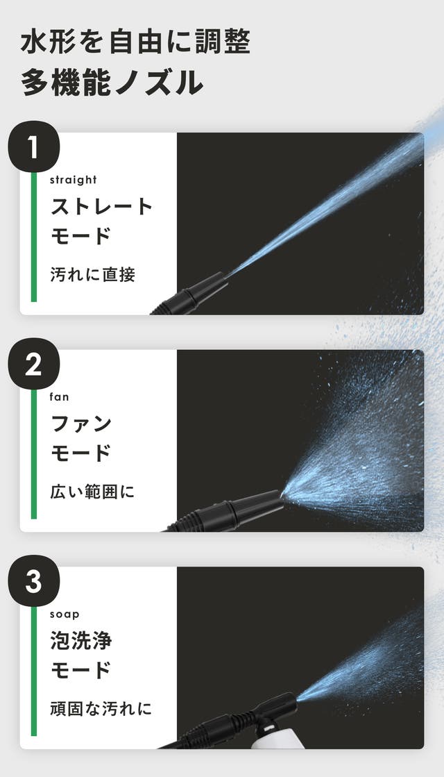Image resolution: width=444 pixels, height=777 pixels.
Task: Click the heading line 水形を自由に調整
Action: (135, 41)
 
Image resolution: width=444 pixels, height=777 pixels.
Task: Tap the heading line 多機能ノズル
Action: (112, 82)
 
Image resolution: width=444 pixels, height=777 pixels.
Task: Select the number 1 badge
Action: (34, 147)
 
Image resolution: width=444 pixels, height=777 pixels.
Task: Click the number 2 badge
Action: (34, 365)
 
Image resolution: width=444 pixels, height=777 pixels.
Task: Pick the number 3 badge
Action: (34, 581)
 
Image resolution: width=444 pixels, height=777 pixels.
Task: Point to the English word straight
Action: (74, 180)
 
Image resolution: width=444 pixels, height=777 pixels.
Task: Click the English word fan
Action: (59, 397)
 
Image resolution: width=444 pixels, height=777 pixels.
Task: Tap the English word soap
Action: (65, 615)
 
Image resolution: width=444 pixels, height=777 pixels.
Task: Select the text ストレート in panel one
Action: (101, 206)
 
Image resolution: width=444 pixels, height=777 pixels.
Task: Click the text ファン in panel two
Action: (81, 424)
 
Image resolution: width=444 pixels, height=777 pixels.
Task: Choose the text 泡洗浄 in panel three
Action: (81, 641)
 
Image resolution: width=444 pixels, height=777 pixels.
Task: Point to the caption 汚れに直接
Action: (92, 274)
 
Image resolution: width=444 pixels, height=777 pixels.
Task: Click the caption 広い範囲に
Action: (92, 492)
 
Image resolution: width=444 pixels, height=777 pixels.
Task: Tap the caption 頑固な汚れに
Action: (101, 709)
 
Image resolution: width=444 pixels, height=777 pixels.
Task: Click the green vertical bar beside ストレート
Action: (34, 237)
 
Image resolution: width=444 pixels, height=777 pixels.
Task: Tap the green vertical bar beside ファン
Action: (34, 454)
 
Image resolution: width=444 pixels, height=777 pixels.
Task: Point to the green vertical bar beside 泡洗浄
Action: (34, 671)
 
